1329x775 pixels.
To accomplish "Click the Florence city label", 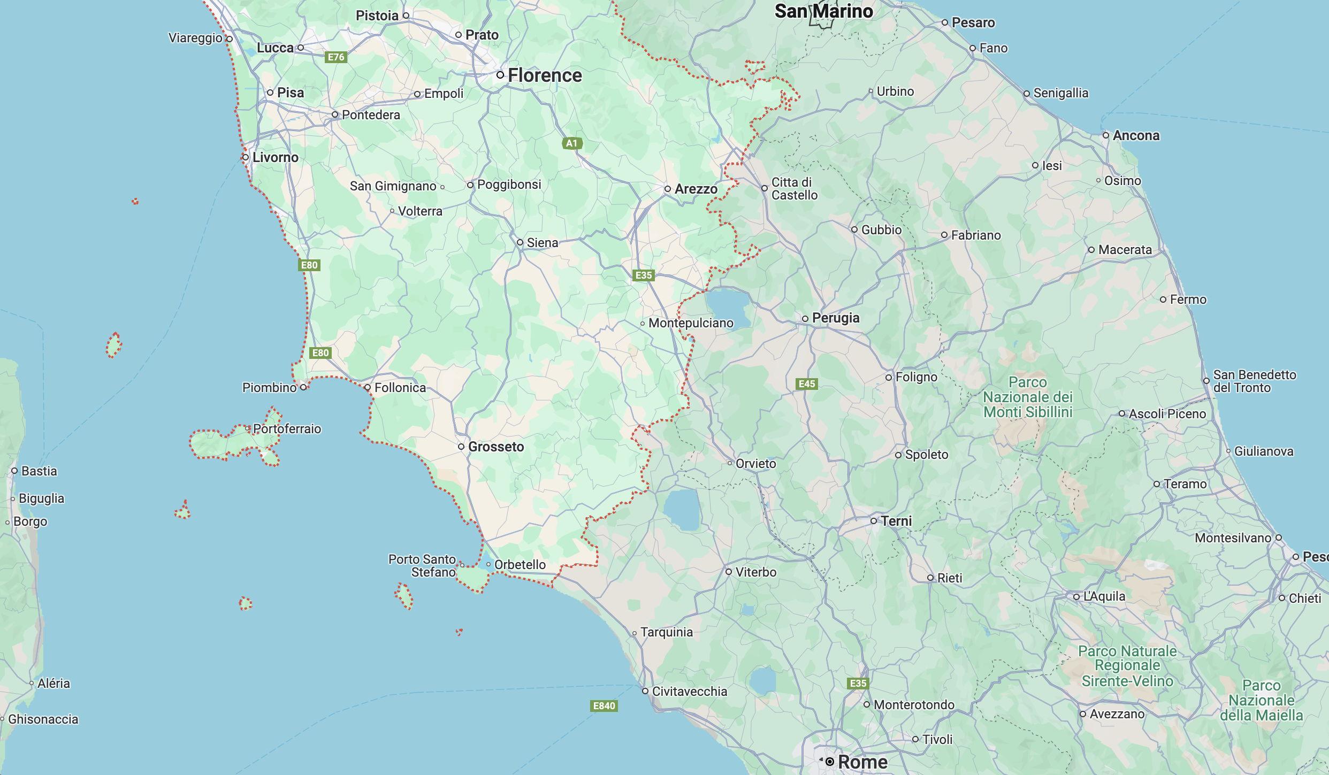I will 544,75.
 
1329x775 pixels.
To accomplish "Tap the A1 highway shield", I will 572,143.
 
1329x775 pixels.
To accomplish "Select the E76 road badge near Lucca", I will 336,57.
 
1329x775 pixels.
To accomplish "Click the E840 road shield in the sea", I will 604,705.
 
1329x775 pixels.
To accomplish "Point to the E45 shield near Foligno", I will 807,383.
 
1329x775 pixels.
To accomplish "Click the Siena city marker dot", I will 520,242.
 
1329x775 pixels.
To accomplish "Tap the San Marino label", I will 823,11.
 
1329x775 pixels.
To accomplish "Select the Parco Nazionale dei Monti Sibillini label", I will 1028,397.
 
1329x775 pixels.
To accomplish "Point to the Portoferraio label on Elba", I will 287,428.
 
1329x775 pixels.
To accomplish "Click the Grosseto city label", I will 496,447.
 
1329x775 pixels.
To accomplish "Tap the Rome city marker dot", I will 830,761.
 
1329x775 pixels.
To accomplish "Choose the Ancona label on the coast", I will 1136,135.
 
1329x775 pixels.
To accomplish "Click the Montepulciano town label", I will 691,323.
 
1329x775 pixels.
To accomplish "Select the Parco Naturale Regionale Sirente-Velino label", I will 1127,666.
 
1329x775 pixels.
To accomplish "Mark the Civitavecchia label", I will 689,691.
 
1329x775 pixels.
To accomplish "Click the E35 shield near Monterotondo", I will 858,683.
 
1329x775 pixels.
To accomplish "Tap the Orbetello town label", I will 520,564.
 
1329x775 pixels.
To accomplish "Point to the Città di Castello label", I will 794,188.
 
